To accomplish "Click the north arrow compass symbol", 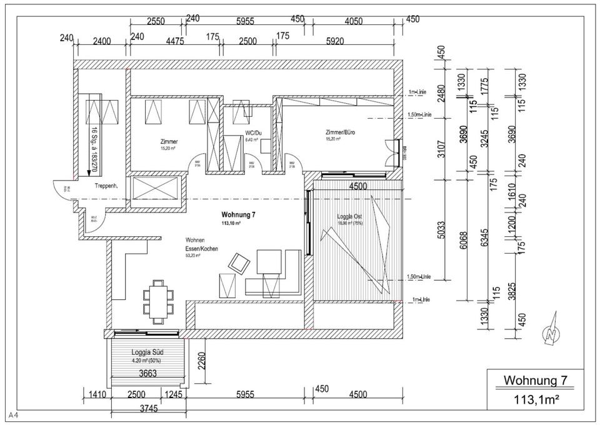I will pos(551,334).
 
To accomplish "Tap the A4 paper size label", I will pos(13,415).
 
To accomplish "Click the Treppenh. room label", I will pos(107,186).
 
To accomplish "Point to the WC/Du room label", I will pos(253,133).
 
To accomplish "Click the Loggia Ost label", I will pos(350,216).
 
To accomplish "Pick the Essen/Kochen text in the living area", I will pos(201,248).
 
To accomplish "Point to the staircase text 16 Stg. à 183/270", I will pos(94,148).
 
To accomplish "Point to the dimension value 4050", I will pos(353,21).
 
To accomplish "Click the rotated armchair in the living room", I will pos(238,262).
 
